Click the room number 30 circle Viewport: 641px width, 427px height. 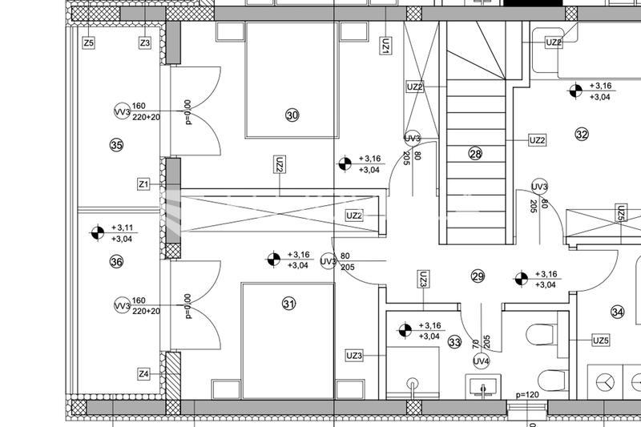tap(292, 115)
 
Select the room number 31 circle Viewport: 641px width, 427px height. tap(288, 304)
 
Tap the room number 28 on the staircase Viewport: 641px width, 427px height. tap(475, 154)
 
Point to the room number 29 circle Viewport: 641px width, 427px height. tap(478, 276)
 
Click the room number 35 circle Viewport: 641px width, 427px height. tap(116, 145)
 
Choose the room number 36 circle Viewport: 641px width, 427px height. tap(116, 261)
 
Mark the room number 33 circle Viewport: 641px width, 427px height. tap(454, 342)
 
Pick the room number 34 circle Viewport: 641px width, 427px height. tap(617, 312)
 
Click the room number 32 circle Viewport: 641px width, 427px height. tap(582, 134)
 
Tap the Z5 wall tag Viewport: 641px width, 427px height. tap(89, 42)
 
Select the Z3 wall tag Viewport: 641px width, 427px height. tap(145, 42)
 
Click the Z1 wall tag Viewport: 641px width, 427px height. tap(143, 184)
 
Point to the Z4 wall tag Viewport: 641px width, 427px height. tap(143, 374)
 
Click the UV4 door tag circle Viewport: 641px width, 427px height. tap(481, 361)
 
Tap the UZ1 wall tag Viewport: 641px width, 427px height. tap(385, 46)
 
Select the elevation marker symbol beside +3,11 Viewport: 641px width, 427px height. tap(97, 232)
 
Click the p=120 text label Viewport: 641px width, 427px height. tap(527, 395)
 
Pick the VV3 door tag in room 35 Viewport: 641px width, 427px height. tap(122, 111)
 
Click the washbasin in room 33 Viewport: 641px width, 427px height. tap(483, 386)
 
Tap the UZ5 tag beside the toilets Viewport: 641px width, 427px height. tap(601, 340)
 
